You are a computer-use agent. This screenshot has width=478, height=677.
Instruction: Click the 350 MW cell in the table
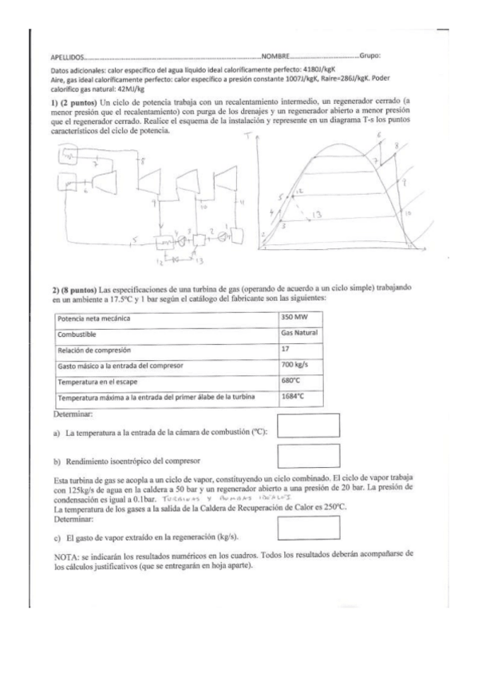(294, 319)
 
